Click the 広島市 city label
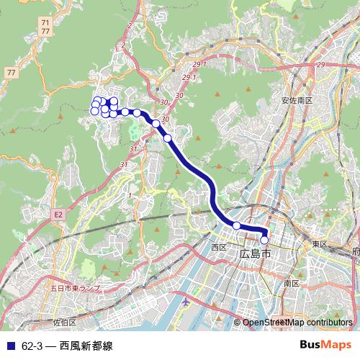(256, 253)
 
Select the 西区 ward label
(219, 247)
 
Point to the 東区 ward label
(320, 245)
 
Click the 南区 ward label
(291, 283)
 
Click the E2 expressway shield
(58, 214)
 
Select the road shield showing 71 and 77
(46, 28)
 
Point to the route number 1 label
(129, 195)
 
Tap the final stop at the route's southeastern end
(264, 240)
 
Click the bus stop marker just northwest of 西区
(236, 226)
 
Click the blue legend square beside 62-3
(10, 344)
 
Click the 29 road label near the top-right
(320, 65)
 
